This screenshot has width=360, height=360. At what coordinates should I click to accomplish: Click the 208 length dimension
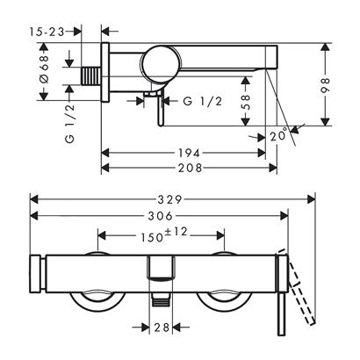[x=185, y=166]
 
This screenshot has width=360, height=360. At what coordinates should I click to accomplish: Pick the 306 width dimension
[x=159, y=216]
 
